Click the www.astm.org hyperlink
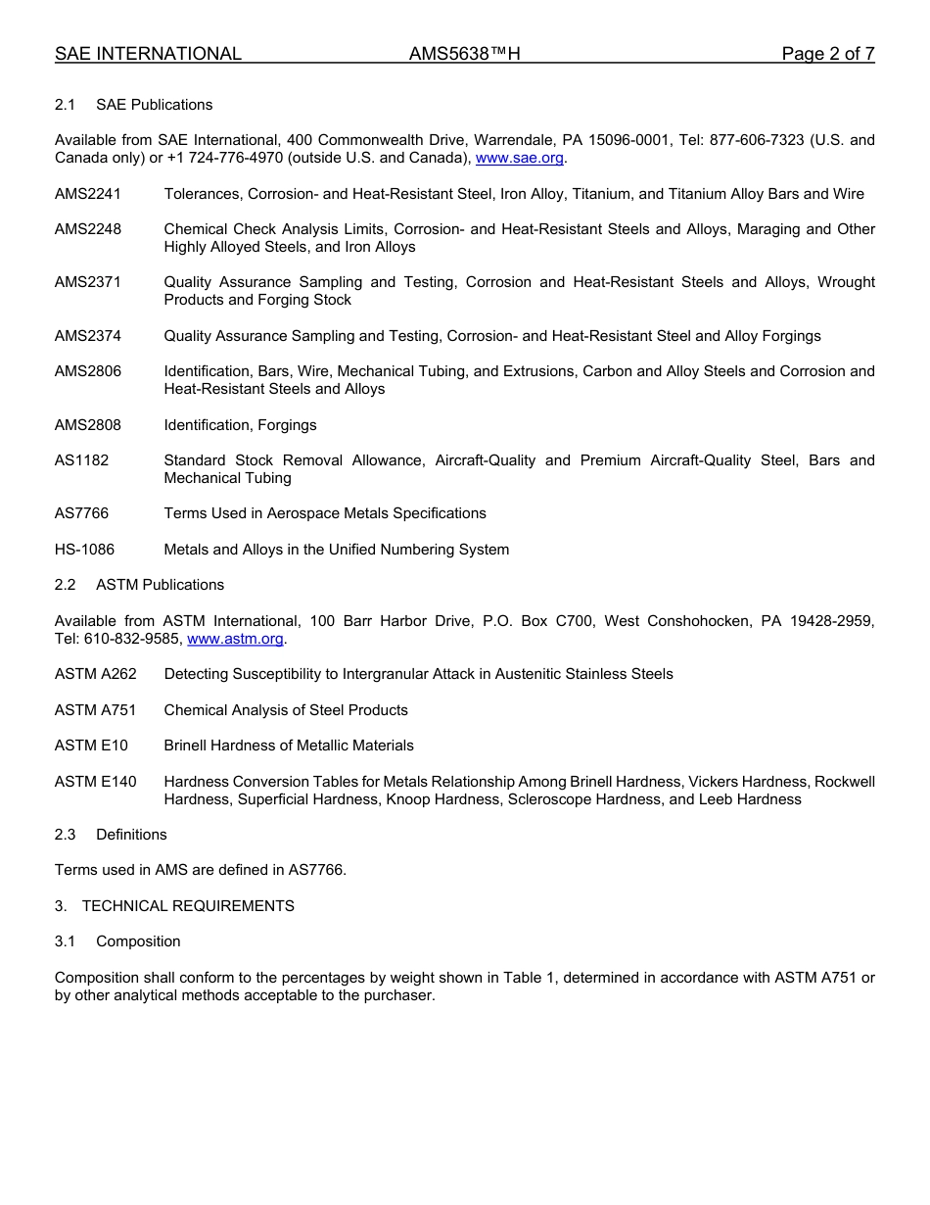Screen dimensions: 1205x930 (x=235, y=639)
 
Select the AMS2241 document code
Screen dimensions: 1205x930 (x=88, y=194)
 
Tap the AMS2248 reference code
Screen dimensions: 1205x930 (x=88, y=229)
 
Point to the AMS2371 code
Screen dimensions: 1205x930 (x=88, y=282)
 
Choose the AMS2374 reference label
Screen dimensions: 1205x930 (x=88, y=336)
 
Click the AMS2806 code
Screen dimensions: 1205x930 (x=88, y=371)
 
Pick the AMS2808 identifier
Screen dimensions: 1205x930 (x=88, y=425)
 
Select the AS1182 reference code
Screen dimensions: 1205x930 (x=82, y=460)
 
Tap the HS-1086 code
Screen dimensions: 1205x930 (x=84, y=550)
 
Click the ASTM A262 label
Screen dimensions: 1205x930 (x=96, y=674)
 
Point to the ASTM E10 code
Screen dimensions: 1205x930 (x=91, y=746)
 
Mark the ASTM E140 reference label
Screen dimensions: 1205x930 (x=96, y=782)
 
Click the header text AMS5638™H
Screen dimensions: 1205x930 (x=464, y=54)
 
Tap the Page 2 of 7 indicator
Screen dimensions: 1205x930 (x=827, y=54)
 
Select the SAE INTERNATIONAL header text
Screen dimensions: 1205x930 (x=148, y=54)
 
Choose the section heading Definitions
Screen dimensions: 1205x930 (x=131, y=835)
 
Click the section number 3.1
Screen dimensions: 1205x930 (x=65, y=941)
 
